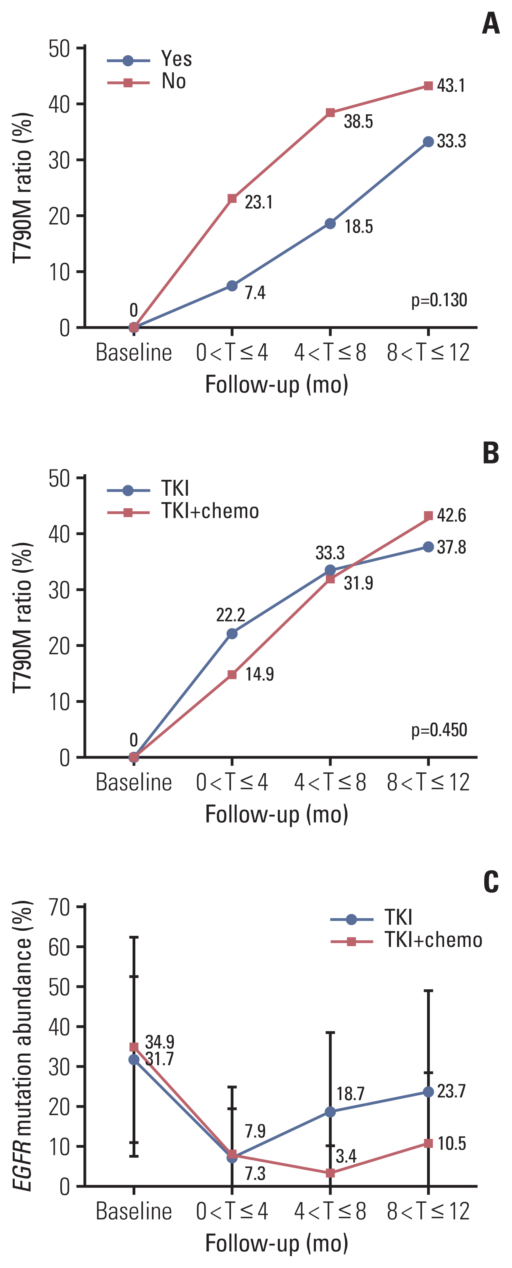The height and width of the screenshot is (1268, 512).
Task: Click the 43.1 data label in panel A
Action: point(450,86)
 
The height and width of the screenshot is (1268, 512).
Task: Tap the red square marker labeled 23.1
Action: point(232,199)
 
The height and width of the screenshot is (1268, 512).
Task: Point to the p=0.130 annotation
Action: point(439,300)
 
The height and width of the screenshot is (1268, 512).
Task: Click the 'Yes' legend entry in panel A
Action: point(176,59)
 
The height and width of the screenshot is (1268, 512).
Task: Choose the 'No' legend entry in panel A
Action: point(173,81)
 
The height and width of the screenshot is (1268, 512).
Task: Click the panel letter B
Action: point(491,453)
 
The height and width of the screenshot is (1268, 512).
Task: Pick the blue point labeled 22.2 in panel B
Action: point(232,633)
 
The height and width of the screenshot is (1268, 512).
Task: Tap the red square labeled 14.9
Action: point(232,675)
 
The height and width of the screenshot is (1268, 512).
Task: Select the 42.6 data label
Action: point(451,516)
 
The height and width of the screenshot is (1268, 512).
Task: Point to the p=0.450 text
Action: point(439,729)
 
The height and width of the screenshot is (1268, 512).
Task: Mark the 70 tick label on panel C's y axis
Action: point(59,907)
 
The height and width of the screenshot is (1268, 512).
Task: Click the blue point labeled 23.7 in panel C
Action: point(428,1092)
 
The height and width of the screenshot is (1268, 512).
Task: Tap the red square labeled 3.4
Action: point(330,1173)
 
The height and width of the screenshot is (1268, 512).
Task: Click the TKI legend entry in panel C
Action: point(398,918)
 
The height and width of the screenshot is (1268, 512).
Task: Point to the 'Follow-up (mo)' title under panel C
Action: point(277,1243)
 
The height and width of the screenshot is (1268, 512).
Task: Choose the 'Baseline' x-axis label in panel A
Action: point(133,352)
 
